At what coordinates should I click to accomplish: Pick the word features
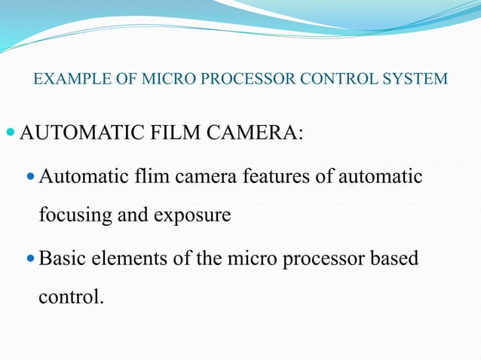coord(273,177)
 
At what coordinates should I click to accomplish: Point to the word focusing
coord(72,215)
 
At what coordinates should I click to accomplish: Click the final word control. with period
coord(69,297)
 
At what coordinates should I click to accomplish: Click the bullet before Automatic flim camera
coord(30,177)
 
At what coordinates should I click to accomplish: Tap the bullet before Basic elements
coord(30,258)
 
